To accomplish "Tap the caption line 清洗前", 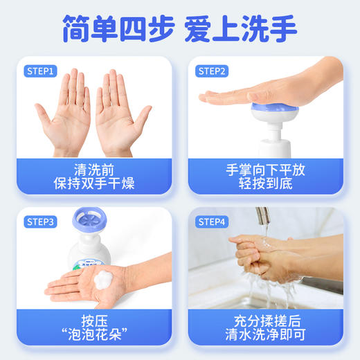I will [93, 169].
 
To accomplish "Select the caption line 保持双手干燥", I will [93, 183].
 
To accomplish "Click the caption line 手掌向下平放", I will [265, 169].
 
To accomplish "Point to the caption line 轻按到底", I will [265, 183].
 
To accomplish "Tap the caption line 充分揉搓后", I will [265, 321].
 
